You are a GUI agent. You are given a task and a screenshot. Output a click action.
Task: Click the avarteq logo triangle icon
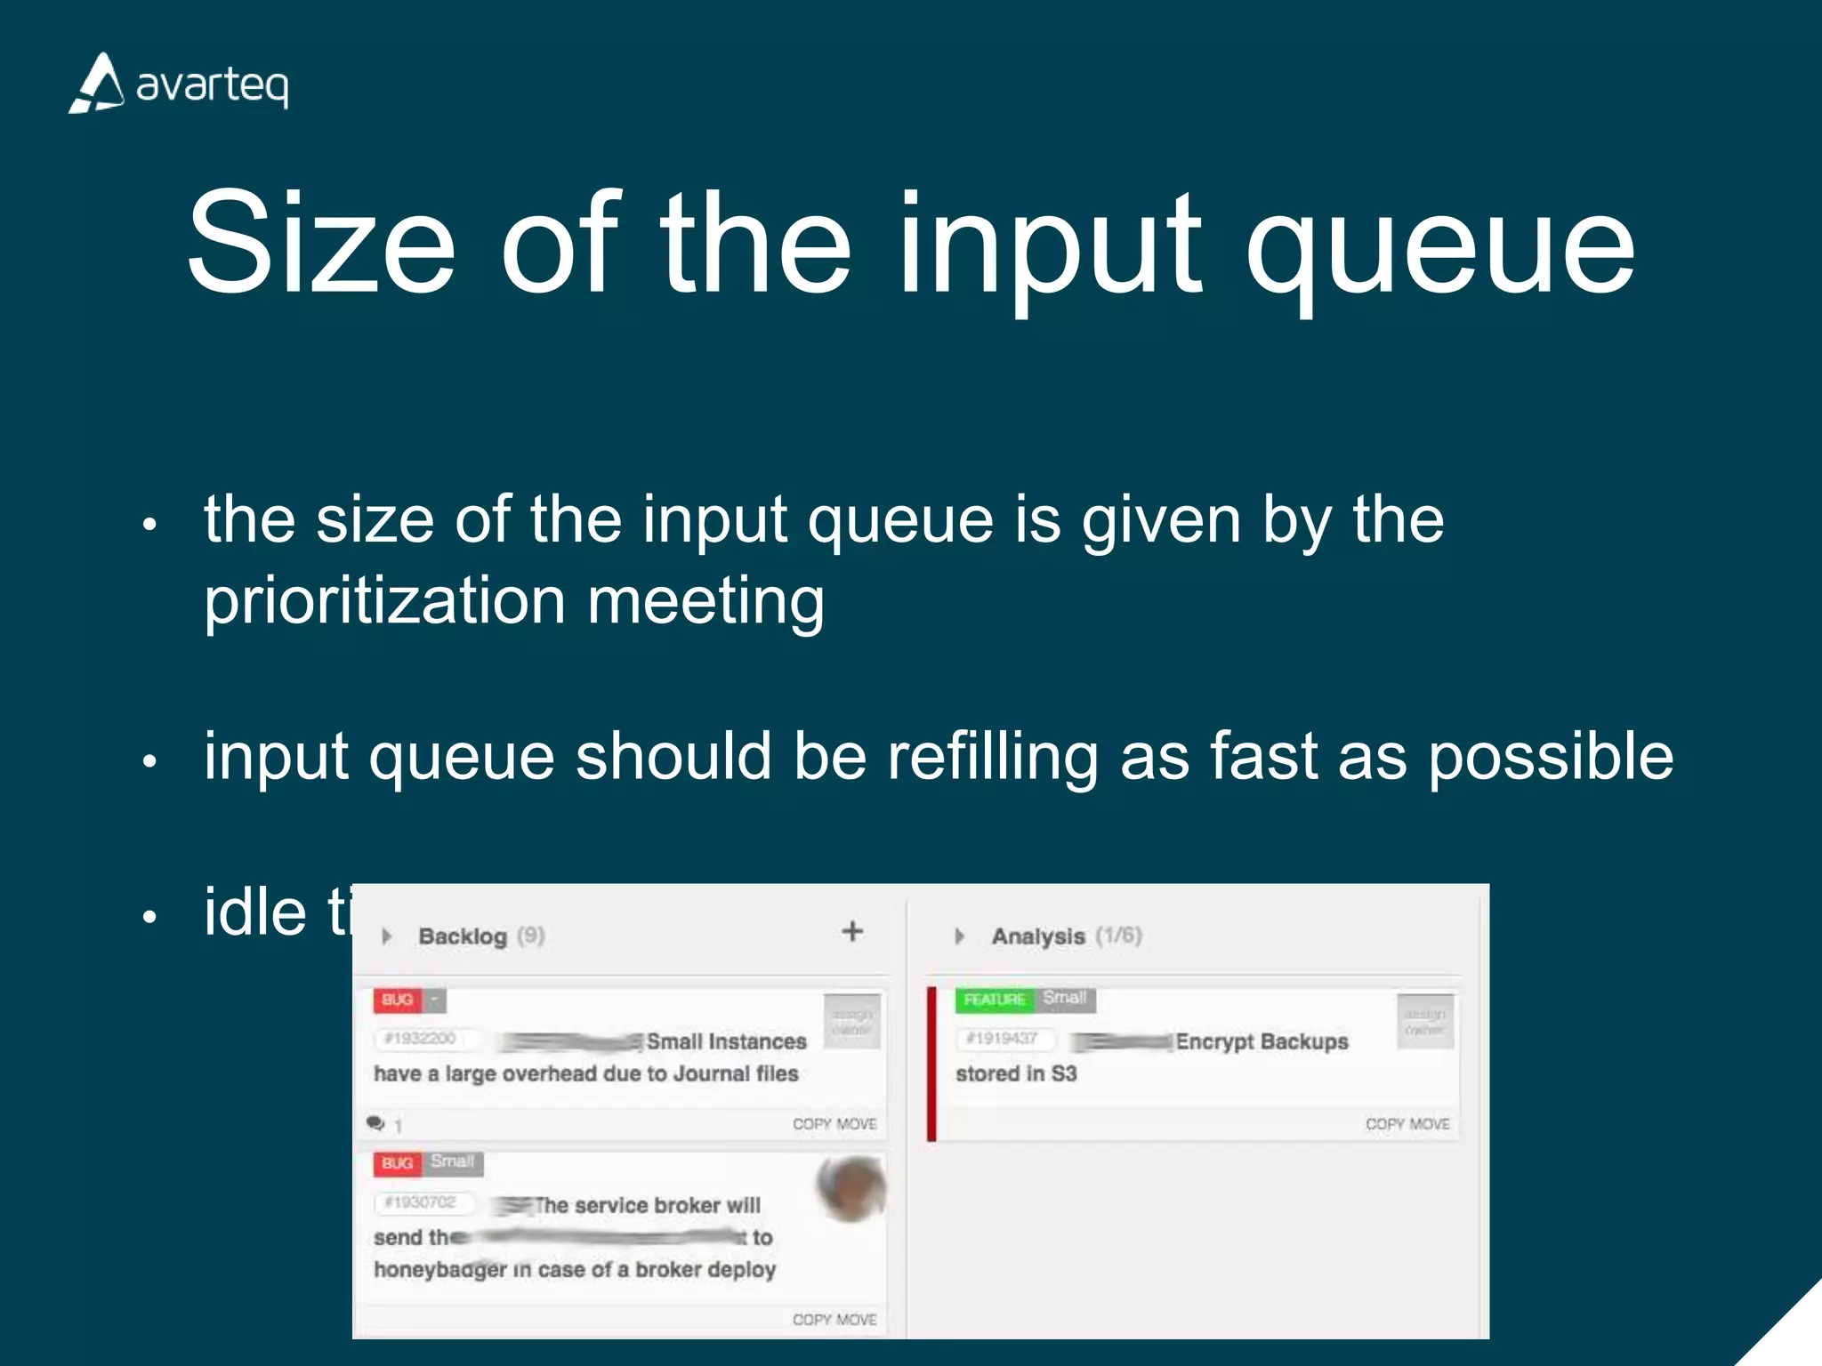(97, 84)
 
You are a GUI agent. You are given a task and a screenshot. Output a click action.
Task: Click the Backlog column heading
(462, 936)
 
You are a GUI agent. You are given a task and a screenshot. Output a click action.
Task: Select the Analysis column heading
(1037, 936)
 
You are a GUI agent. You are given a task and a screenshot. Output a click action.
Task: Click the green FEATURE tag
(994, 1000)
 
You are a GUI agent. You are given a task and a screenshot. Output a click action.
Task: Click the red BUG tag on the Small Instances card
(397, 1000)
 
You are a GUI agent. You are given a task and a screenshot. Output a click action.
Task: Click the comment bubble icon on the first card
(375, 1124)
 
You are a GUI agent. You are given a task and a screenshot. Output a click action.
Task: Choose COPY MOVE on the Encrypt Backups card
(1407, 1124)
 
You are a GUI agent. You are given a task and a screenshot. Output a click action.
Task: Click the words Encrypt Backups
(1261, 1041)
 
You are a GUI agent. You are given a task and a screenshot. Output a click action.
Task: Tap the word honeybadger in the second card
(439, 1270)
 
